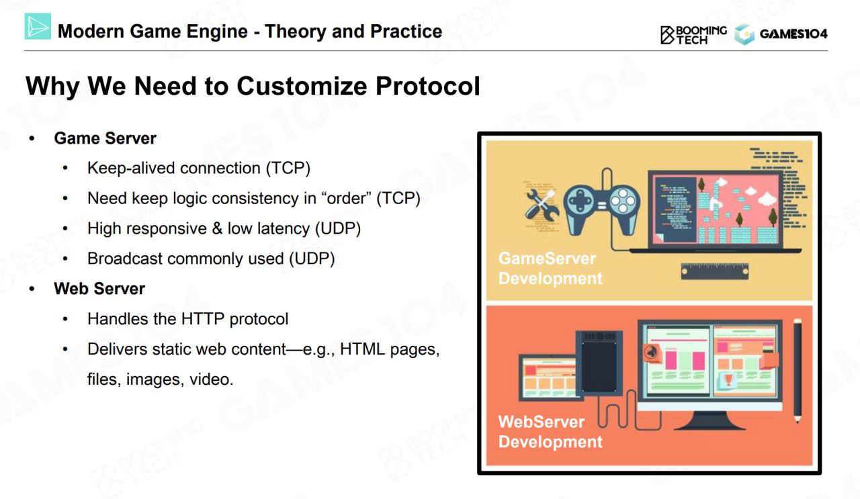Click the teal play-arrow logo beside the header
point(38,26)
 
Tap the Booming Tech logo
point(693,35)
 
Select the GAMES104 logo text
point(793,34)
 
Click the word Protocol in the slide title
point(428,85)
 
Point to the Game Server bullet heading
point(105,138)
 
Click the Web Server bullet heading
point(99,289)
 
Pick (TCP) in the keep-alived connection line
point(288,168)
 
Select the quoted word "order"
point(347,198)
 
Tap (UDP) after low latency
point(338,229)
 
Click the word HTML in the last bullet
point(362,349)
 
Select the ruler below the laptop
point(714,271)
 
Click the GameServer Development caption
point(550,269)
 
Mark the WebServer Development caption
point(550,432)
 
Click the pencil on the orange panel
point(798,371)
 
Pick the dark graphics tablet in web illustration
point(599,363)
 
